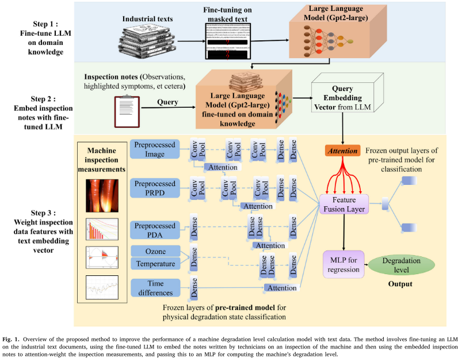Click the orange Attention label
342,150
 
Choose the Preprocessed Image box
155,150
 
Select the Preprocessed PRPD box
155,188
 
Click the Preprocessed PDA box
155,229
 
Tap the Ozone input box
155,251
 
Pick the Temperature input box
155,264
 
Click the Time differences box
155,287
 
